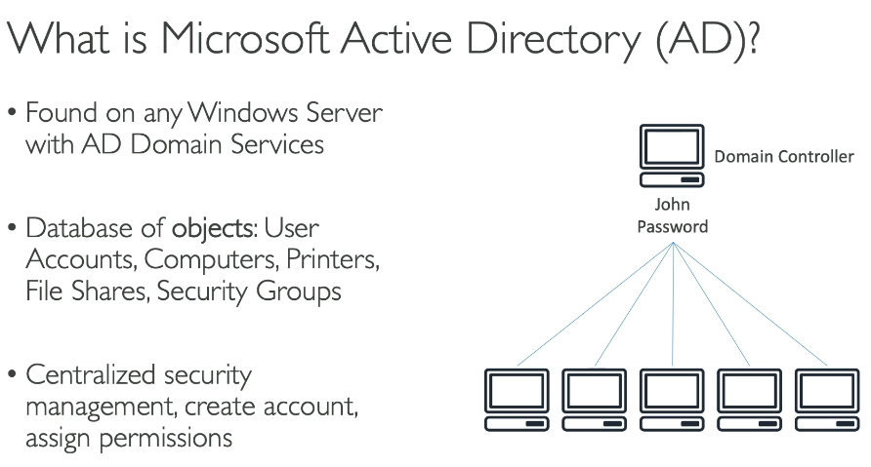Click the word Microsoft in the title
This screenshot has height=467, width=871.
(x=245, y=38)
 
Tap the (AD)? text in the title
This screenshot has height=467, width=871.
(x=707, y=41)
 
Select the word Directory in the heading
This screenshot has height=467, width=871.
(x=554, y=41)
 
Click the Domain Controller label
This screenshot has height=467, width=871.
(x=784, y=156)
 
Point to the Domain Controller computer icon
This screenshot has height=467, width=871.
(x=672, y=155)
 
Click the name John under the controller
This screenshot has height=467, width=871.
(x=672, y=204)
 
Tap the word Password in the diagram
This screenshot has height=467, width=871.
(x=672, y=226)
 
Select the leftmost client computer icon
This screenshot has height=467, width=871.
(x=517, y=400)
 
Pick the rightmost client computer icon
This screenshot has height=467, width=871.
(x=828, y=400)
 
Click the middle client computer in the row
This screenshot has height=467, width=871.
(x=672, y=400)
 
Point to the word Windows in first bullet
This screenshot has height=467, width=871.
(x=243, y=112)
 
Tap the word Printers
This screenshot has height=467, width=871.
(x=333, y=259)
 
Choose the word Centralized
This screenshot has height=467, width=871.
(x=91, y=374)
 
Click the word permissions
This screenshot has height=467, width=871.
(x=166, y=439)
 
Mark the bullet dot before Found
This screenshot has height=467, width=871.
(x=13, y=112)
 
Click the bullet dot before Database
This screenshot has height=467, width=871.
(x=13, y=227)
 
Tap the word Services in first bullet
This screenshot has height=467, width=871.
(x=277, y=144)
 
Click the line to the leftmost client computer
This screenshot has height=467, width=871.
(x=595, y=304)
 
